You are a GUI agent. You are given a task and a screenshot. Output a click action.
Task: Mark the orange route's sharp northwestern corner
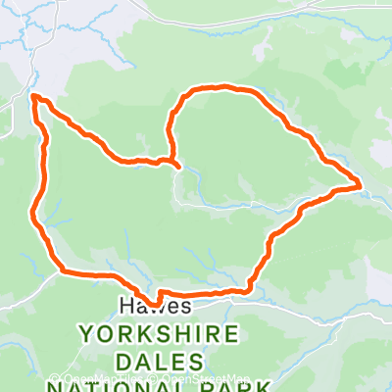[34, 97]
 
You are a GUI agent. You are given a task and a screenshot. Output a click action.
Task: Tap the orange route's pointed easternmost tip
[361, 184]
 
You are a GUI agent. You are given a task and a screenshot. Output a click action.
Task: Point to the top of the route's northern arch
[221, 87]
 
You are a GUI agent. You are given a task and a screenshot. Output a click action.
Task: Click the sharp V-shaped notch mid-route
[173, 162]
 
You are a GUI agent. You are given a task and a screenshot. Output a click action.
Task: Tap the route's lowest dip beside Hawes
[155, 303]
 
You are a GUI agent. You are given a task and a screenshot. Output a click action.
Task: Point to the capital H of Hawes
[124, 306]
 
